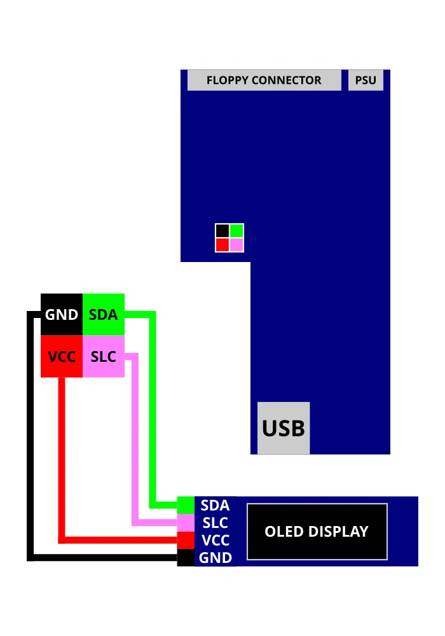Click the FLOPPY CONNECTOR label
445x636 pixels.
tap(264, 81)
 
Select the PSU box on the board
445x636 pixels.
tap(366, 81)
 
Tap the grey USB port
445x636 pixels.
tap(284, 428)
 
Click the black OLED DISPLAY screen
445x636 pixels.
tap(317, 532)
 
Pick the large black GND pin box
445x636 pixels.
tap(62, 314)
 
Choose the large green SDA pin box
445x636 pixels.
tap(104, 314)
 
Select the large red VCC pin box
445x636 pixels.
tap(62, 357)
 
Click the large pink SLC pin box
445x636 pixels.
tap(104, 357)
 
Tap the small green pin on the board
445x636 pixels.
tap(236, 230)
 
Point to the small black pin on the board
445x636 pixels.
tap(222, 230)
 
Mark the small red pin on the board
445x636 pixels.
tap(222, 245)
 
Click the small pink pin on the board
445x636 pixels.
tap(236, 245)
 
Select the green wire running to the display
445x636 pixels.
tap(153, 413)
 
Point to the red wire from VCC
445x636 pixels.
tap(62, 458)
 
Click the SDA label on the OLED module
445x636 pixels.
tap(215, 506)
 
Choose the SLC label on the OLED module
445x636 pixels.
tap(215, 523)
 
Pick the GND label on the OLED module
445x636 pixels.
tap(215, 558)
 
